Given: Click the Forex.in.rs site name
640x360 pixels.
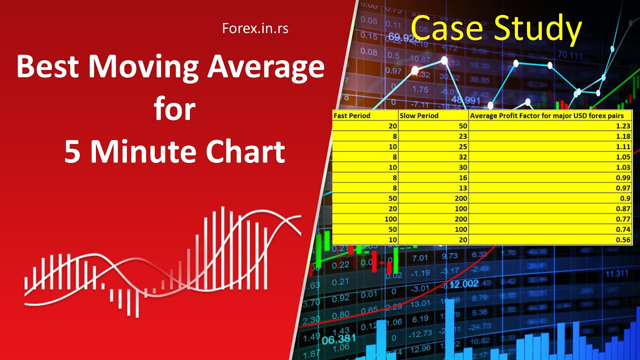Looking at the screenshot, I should pos(255,28).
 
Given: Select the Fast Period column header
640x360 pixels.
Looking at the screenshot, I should pos(352,115).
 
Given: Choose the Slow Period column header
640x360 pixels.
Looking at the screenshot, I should pos(419,115).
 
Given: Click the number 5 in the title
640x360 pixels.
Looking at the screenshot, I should pos(73,152).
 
